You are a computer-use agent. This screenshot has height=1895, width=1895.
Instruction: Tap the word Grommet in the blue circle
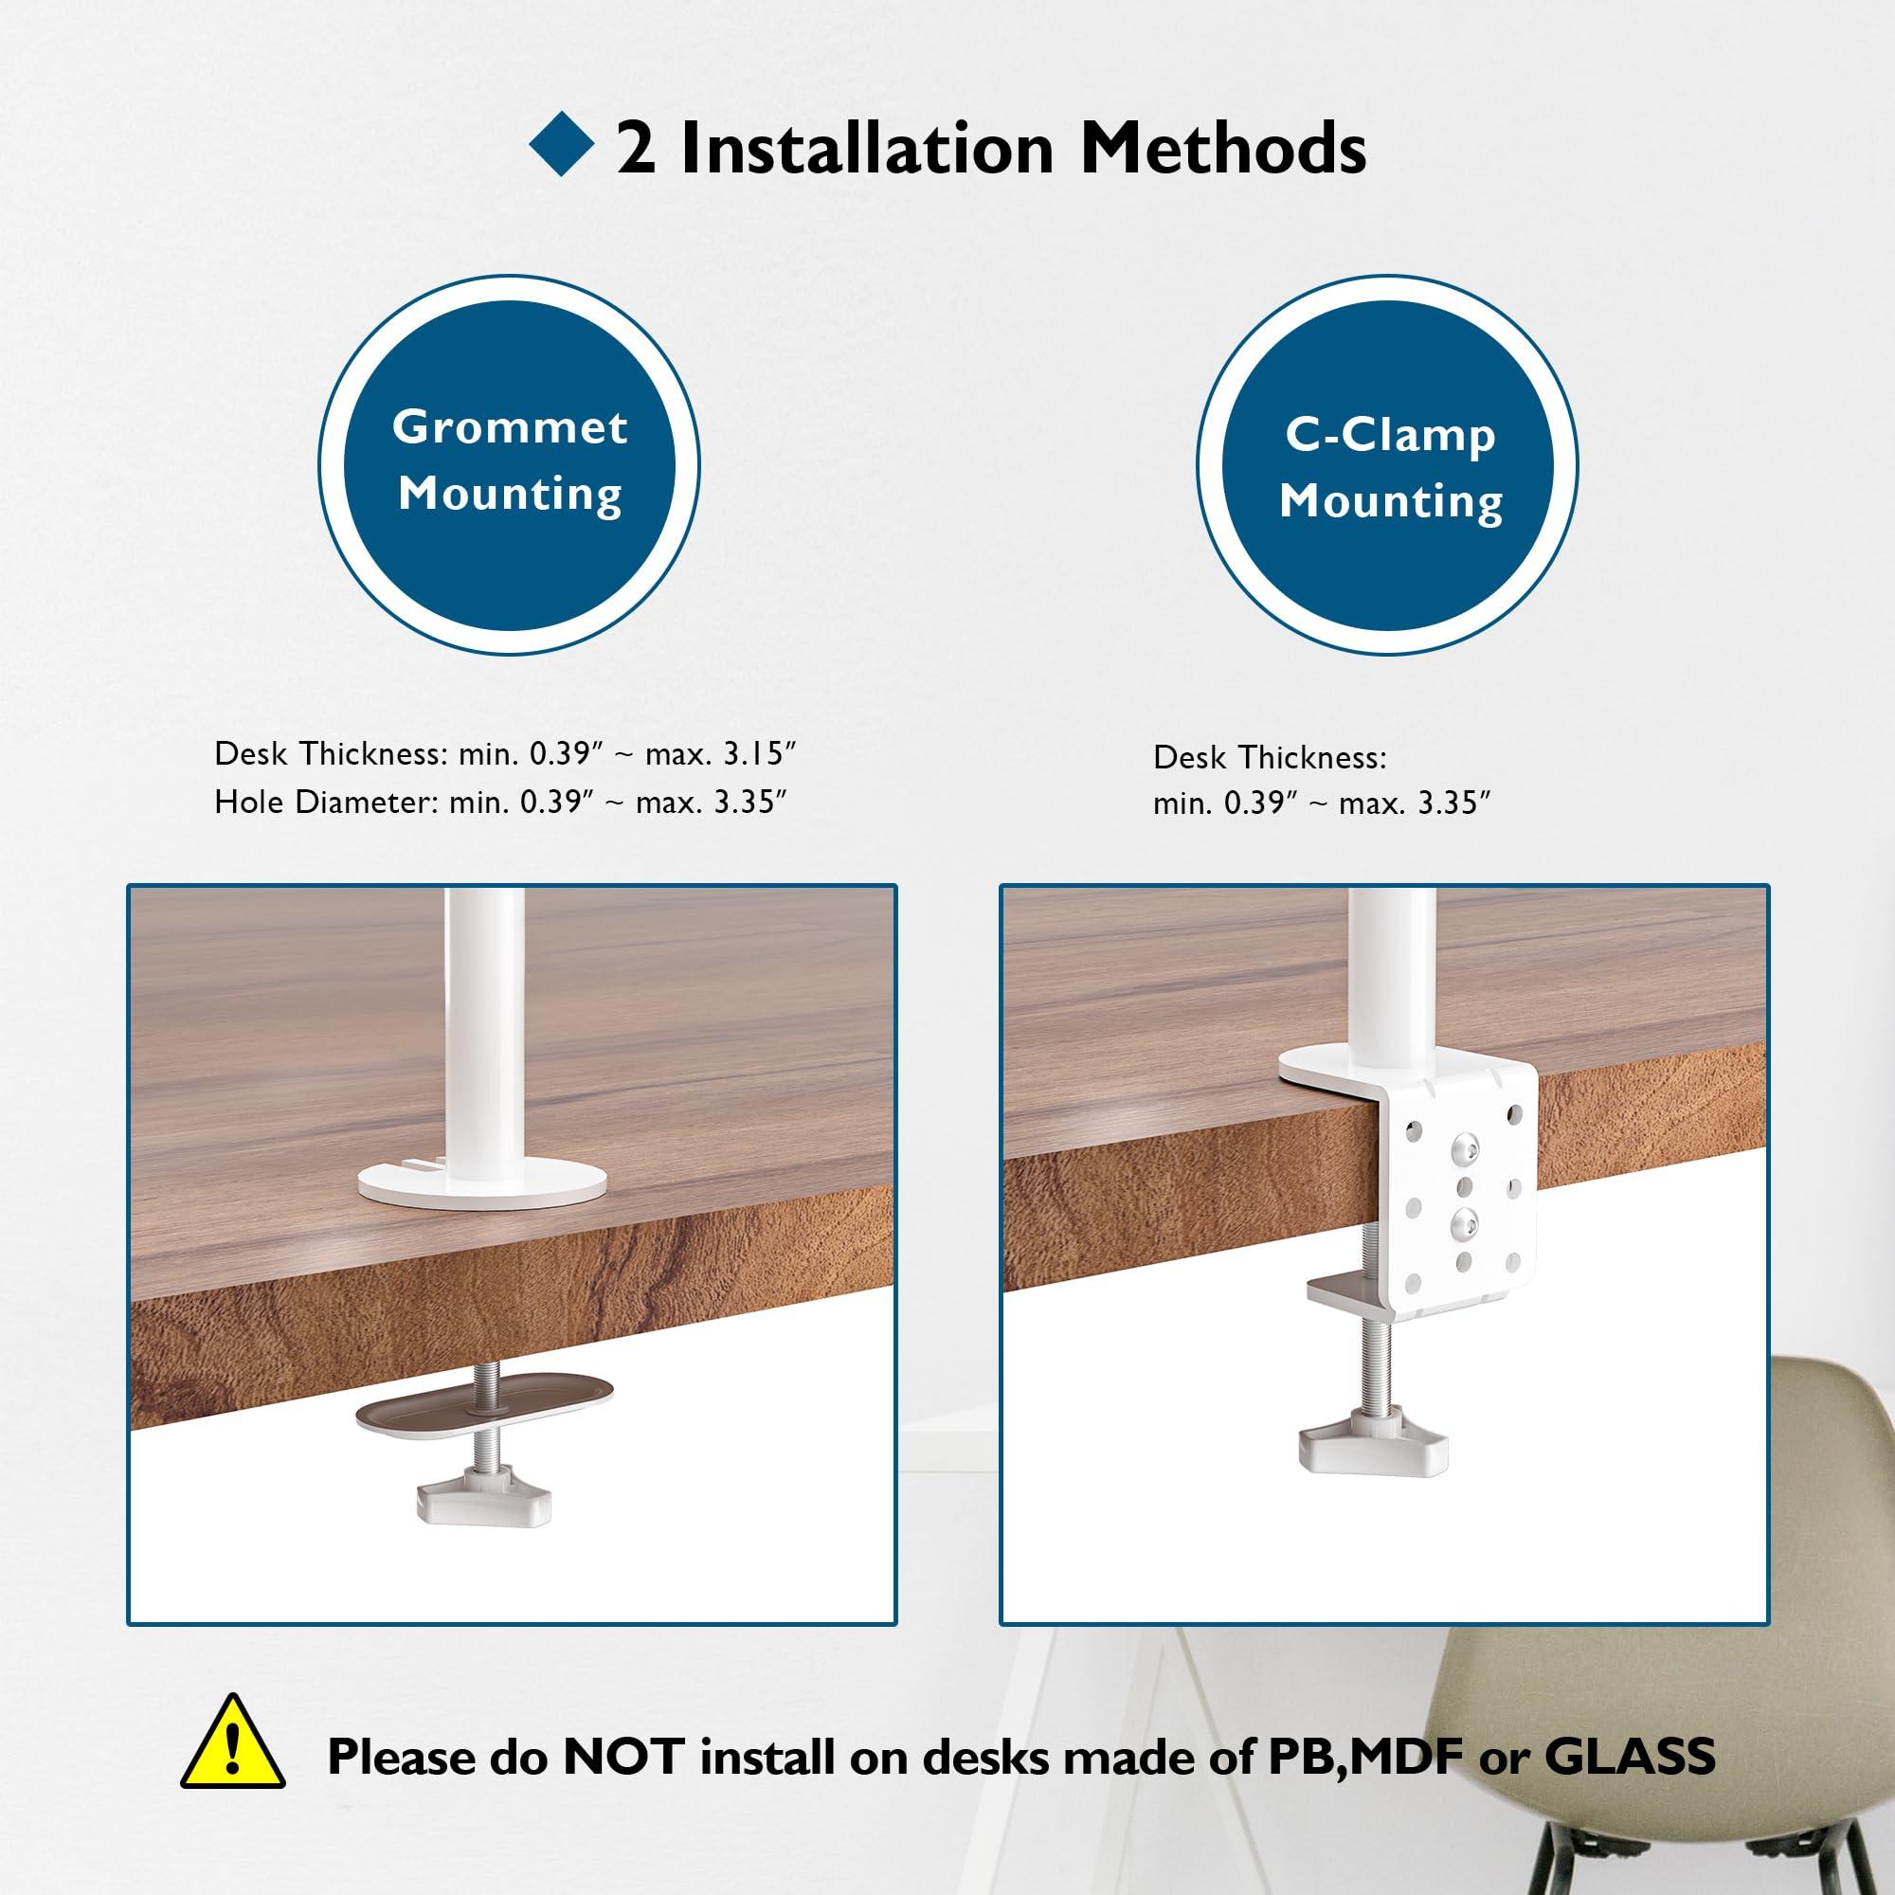pyautogui.click(x=509, y=427)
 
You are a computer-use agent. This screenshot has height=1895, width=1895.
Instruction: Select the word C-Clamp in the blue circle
pyautogui.click(x=1390, y=435)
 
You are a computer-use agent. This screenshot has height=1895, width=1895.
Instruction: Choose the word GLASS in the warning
pyautogui.click(x=1629, y=1756)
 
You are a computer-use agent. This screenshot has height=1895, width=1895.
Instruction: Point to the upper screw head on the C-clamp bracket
pyautogui.click(x=1465, y=1145)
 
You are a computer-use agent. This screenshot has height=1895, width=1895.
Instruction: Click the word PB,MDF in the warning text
pyautogui.click(x=1367, y=1756)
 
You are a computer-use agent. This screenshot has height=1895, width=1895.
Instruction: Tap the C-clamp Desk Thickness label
pyautogui.click(x=1270, y=757)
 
